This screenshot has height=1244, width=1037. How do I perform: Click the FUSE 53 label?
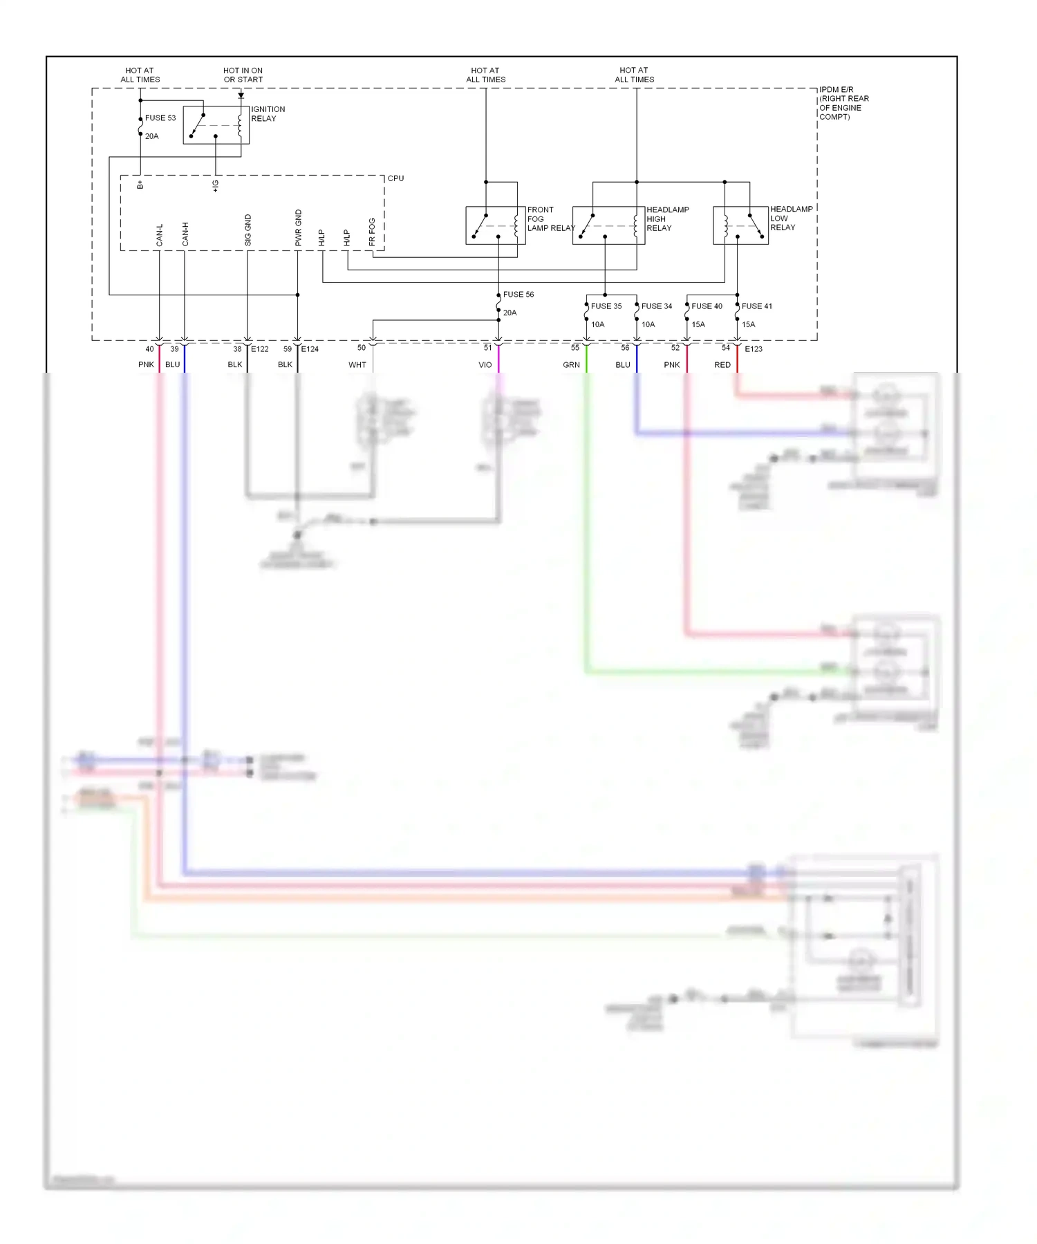pos(160,118)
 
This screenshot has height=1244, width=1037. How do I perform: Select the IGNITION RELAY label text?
pos(268,114)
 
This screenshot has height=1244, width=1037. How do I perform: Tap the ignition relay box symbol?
pos(216,125)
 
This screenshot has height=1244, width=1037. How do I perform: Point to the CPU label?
pos(395,178)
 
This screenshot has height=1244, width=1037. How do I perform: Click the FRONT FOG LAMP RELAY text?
pos(550,219)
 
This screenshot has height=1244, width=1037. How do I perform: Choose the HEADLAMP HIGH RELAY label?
pos(667,219)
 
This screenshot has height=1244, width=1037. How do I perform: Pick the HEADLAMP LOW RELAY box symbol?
pos(740,225)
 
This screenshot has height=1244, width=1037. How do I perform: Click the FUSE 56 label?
pos(518,295)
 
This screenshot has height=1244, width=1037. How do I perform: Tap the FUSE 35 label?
pos(606,306)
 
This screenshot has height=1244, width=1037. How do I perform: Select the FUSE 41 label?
pos(756,306)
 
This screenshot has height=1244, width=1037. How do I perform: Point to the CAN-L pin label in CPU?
pos(160,235)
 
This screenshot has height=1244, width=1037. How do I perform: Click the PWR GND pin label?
pos(299,228)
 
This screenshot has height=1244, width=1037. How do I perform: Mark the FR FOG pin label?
pos(372,232)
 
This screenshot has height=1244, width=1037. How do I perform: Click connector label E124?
pos(310,349)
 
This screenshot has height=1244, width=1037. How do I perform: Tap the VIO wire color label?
pos(485,365)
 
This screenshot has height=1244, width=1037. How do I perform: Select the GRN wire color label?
pos(571,365)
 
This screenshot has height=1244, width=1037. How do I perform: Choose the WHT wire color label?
pos(357,365)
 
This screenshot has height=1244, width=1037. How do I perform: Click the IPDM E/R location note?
pos(843,103)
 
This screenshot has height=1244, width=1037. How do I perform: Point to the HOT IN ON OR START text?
pos(243,75)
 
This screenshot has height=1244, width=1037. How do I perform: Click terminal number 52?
pos(675,348)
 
